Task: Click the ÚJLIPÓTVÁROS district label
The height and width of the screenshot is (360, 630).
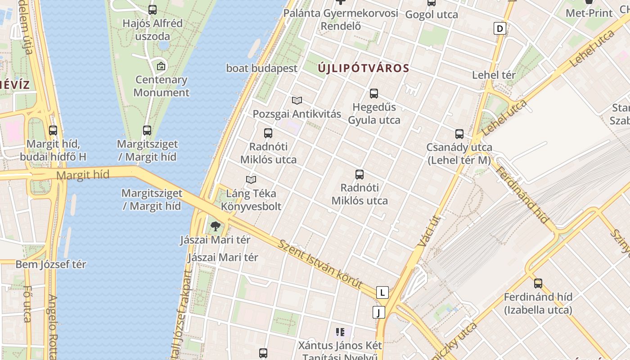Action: click(x=364, y=68)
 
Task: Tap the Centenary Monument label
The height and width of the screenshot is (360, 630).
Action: click(x=161, y=86)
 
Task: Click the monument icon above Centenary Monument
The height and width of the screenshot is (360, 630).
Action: click(x=161, y=67)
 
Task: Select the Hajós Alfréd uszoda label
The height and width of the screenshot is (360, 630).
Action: click(x=153, y=30)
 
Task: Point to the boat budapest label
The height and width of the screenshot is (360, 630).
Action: click(x=262, y=68)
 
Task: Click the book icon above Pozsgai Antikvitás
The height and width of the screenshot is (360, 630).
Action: click(x=297, y=100)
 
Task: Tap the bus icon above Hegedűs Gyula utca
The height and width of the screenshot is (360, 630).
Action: click(x=374, y=94)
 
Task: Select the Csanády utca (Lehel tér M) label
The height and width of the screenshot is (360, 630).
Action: click(x=459, y=153)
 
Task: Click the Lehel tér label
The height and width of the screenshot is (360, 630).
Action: click(x=494, y=75)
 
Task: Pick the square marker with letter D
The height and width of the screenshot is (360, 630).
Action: click(x=499, y=29)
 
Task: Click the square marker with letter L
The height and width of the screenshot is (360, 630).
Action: click(x=382, y=292)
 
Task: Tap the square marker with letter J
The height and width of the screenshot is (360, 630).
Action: click(x=379, y=312)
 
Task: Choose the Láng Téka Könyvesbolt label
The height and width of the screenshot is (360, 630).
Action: click(x=251, y=200)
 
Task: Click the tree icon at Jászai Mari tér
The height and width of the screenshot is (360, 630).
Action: click(x=216, y=226)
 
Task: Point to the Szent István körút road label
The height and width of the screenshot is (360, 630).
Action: click(x=320, y=264)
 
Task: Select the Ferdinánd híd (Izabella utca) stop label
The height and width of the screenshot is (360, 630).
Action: click(x=538, y=303)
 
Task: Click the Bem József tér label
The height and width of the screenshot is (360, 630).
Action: click(x=51, y=264)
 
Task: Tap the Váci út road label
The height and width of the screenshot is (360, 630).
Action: click(x=429, y=231)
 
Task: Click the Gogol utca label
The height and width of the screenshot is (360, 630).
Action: click(x=432, y=15)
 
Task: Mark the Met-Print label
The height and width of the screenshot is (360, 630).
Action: click(x=589, y=13)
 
